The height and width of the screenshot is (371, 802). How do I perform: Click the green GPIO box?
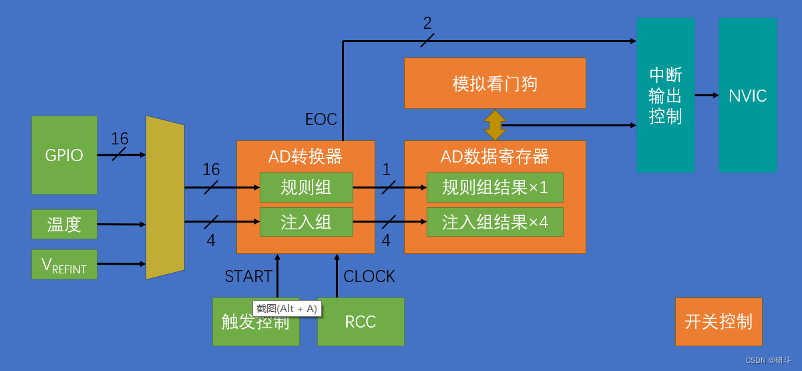(x=64, y=155)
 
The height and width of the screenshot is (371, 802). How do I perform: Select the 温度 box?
(x=64, y=224)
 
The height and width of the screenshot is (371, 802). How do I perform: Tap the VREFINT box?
(x=64, y=264)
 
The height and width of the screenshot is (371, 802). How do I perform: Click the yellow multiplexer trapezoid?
(x=165, y=197)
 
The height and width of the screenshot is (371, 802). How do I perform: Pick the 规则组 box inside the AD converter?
(x=306, y=187)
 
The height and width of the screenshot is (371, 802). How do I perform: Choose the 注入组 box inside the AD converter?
(x=306, y=222)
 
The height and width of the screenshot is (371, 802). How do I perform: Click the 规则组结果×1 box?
(x=495, y=187)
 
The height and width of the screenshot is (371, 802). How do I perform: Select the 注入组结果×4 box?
(x=495, y=222)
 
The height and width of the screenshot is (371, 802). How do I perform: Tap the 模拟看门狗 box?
(x=495, y=84)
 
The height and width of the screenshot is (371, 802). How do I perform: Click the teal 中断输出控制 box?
(x=665, y=95)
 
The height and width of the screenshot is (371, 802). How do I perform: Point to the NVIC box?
(x=747, y=95)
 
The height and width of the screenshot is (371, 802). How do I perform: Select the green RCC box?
(x=361, y=322)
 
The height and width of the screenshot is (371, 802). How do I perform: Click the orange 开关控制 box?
(x=719, y=322)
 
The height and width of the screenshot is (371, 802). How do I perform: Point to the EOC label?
(x=321, y=120)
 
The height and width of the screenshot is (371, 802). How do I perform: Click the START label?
(x=248, y=277)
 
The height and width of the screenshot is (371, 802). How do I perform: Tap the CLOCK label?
(x=369, y=277)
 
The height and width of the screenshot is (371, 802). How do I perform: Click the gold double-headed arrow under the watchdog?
(x=495, y=125)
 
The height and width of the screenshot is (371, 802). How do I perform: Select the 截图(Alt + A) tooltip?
(x=287, y=309)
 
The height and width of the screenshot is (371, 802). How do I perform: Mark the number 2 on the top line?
(x=427, y=23)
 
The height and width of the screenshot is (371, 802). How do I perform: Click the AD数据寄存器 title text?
(x=495, y=156)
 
